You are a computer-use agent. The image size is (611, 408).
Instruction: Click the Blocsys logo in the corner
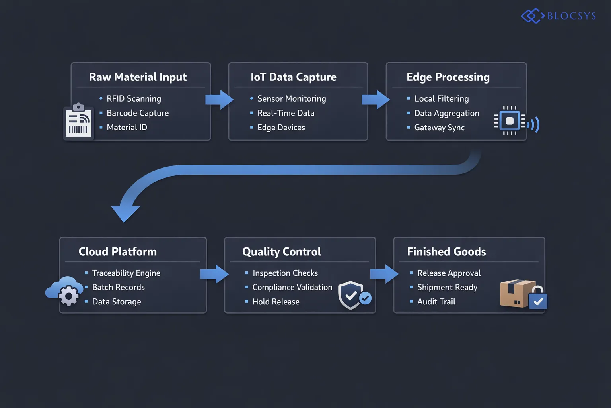558,16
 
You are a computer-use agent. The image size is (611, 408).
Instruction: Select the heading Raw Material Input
138,77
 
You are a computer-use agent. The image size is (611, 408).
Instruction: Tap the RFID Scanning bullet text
134,98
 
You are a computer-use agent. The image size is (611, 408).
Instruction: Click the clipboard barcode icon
78,122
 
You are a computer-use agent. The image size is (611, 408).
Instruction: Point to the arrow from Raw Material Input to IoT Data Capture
219,100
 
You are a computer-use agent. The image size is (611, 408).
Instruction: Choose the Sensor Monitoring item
292,98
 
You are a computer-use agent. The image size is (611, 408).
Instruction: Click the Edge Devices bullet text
281,127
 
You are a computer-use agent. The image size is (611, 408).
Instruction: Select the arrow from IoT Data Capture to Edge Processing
376,100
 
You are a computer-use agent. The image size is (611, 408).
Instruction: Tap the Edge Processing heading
448,77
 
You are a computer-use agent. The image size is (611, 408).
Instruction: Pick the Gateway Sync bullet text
439,127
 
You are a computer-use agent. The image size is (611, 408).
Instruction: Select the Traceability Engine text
126,273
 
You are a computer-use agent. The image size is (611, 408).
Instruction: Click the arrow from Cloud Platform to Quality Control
214,274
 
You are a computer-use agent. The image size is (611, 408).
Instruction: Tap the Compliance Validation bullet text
292,287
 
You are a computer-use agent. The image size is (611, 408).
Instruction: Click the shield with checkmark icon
352,296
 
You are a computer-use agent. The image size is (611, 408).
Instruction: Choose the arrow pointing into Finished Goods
384,274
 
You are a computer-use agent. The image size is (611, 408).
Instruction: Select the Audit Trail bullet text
436,302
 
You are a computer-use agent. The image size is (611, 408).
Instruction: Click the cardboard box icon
516,293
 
